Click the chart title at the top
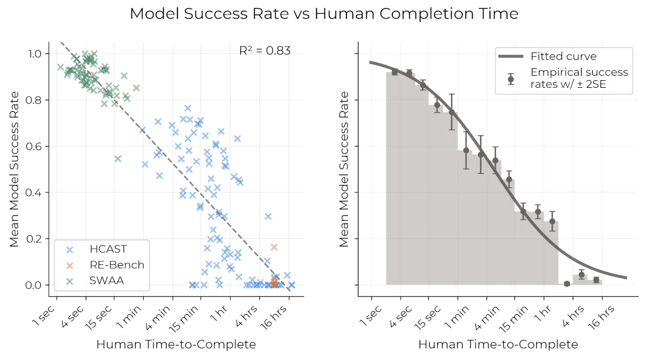tap(324, 14)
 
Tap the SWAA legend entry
tap(107, 280)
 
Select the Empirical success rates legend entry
tap(578, 78)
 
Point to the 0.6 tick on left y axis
tap(41, 146)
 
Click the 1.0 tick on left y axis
tap(41, 53)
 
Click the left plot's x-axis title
tap(175, 344)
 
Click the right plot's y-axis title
tap(344, 169)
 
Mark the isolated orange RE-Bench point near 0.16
tap(274, 247)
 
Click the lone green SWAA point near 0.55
tap(118, 159)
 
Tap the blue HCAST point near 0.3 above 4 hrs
tap(268, 216)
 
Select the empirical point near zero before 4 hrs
tap(567, 284)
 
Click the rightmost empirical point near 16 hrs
tap(596, 280)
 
